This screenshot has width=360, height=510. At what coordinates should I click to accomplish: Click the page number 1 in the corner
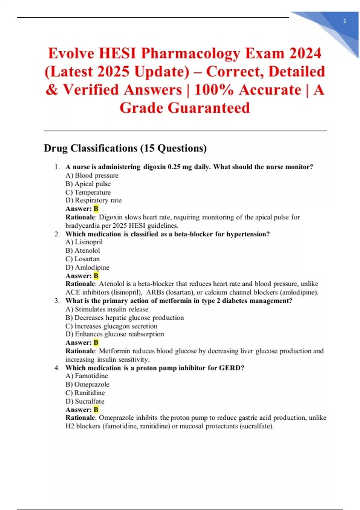pos(345,21)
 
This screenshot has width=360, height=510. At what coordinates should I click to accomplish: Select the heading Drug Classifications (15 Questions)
pos(125,148)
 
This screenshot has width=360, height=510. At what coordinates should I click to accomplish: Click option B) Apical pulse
pos(88,184)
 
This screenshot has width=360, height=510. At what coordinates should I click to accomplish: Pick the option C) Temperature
pos(88,192)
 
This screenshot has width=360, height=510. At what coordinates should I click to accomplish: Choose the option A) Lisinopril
pos(84,242)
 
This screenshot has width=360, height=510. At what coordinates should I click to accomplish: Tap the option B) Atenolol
pos(82,250)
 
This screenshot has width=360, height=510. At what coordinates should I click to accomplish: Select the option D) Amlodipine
pos(87,267)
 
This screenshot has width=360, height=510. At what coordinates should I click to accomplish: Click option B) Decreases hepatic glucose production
pos(124,318)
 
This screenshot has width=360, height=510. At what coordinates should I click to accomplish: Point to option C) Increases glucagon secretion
pos(111,326)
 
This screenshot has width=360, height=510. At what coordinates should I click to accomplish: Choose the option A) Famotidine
pos(87,376)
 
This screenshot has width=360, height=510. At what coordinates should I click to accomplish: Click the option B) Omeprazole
pos(87,384)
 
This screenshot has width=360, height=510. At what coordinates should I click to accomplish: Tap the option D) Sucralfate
pos(85,401)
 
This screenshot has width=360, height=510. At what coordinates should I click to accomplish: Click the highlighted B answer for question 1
pos(96,209)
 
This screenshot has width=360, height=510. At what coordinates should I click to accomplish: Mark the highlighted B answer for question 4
pos(96,410)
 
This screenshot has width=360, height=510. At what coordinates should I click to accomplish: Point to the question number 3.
pos(57,301)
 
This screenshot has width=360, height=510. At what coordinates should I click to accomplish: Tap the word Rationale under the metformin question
pos(80,351)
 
